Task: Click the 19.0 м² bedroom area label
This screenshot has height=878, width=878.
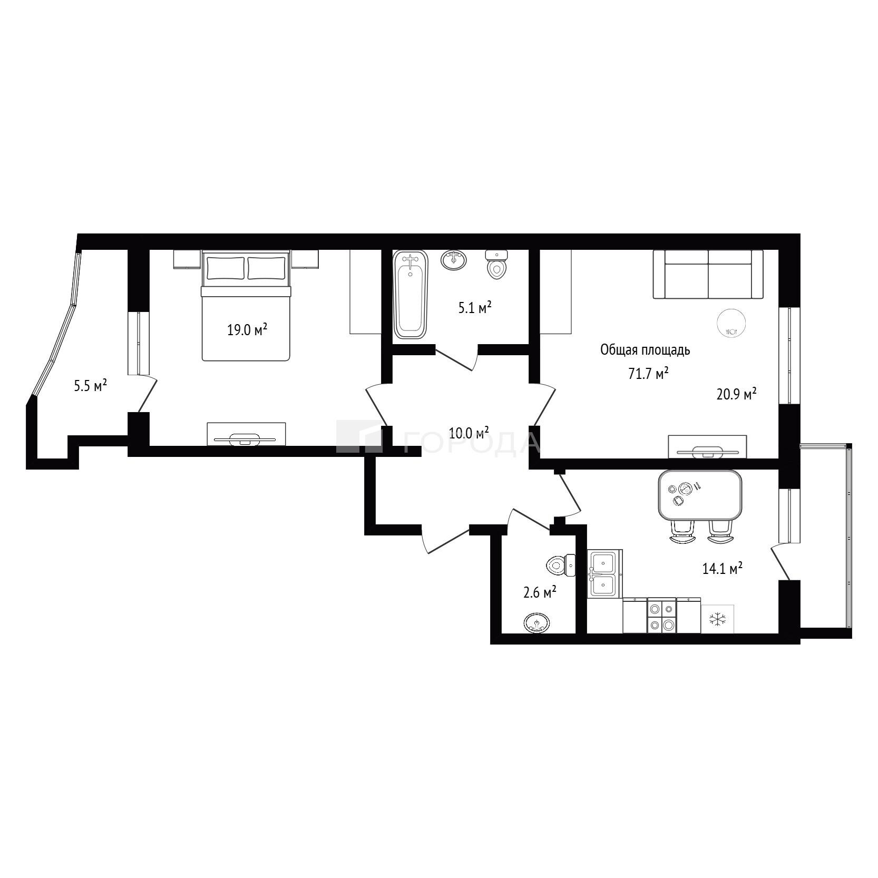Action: pos(247,330)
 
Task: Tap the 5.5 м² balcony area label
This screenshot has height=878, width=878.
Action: pos(91,386)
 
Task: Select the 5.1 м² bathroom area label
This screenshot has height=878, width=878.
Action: pos(474,308)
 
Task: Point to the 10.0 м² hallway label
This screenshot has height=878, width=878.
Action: pos(469,433)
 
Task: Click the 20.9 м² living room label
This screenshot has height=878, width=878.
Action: pos(736,394)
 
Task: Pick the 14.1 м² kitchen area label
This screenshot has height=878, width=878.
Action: pos(723,568)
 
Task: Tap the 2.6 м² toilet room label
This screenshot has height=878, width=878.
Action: pos(540,593)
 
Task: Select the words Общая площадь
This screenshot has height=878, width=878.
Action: pos(646,350)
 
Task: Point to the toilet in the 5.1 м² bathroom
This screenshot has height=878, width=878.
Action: pos(496,265)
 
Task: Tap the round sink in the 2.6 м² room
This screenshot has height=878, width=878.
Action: pos(537,623)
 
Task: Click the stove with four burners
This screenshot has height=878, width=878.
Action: pos(661,616)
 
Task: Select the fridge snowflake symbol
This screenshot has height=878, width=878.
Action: pos(717,619)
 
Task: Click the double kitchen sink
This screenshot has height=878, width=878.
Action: pos(605,573)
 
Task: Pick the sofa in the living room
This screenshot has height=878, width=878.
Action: pos(708,274)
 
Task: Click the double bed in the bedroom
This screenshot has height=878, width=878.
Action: pos(246,306)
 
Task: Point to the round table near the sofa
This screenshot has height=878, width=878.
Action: pos(730,322)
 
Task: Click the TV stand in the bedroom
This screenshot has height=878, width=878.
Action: pos(246,434)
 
